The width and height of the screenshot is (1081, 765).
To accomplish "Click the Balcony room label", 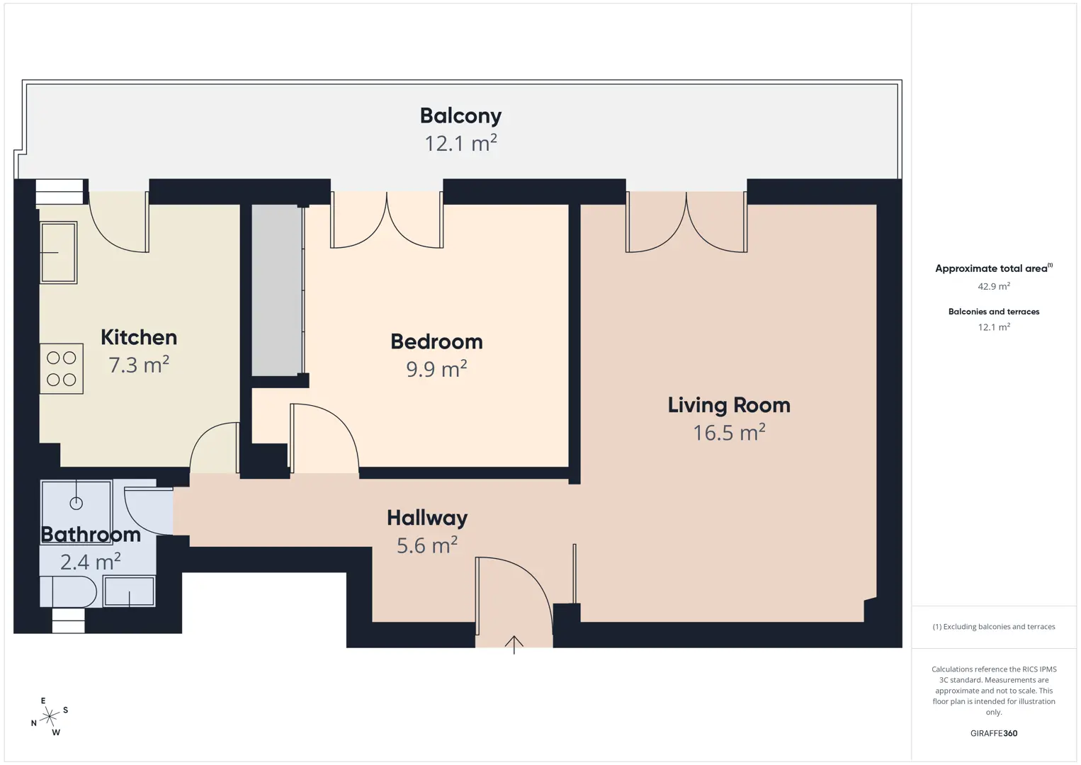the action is coord(460,116).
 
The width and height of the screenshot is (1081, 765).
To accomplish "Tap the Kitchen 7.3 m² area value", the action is coord(139,365).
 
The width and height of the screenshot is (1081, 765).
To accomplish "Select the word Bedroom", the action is coord(436,341).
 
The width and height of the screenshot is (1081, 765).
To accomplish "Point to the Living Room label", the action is coord(729,405).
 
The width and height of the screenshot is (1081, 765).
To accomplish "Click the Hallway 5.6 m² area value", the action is coord(427,545).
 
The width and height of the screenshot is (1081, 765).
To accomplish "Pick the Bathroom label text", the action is coord(91,534).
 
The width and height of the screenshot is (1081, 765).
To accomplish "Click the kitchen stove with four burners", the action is coord(62,369).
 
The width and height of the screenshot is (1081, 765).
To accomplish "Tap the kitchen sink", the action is coord(58,252).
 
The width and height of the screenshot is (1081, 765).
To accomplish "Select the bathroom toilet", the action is coord(68,591).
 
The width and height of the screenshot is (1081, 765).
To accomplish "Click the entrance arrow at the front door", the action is coord(514,645).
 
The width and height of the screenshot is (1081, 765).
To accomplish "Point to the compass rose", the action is coord(49,717).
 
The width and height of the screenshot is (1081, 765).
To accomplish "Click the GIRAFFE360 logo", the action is coord(994,733).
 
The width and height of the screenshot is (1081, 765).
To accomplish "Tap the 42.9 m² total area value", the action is coord(994,286).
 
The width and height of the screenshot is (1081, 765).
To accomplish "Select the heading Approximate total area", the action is coord(994,268).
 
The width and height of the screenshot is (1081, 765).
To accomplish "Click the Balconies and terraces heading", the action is coord(994,312).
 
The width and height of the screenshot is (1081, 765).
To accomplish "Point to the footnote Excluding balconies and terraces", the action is coord(994,626).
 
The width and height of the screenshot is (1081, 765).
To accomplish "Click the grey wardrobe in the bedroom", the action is coord(277,290).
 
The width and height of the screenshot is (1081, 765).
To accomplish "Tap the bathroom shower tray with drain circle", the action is coord(77,511).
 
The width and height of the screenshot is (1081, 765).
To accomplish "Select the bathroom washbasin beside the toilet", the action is coord(130,591).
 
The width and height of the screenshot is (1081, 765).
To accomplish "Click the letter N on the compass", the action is coord(34,723).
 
